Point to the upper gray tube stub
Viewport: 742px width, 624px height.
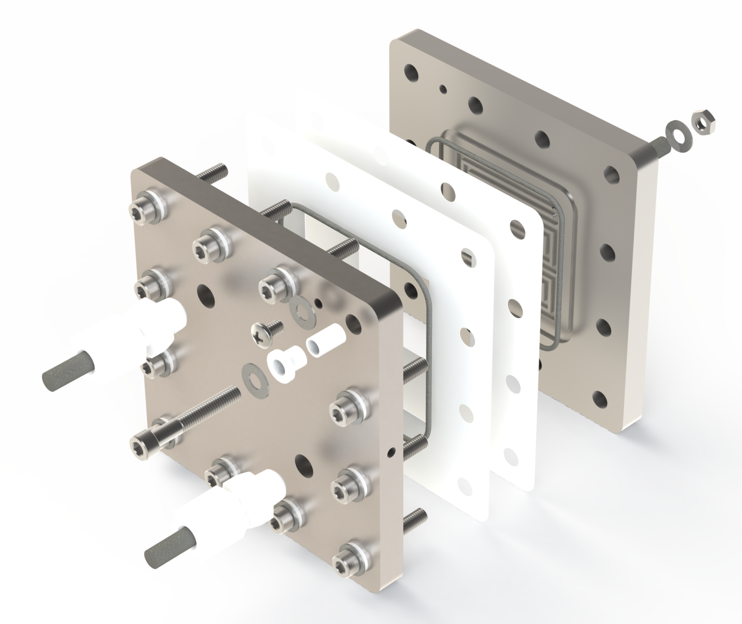point(63,376)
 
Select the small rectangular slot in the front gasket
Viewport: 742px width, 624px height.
point(468,255)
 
